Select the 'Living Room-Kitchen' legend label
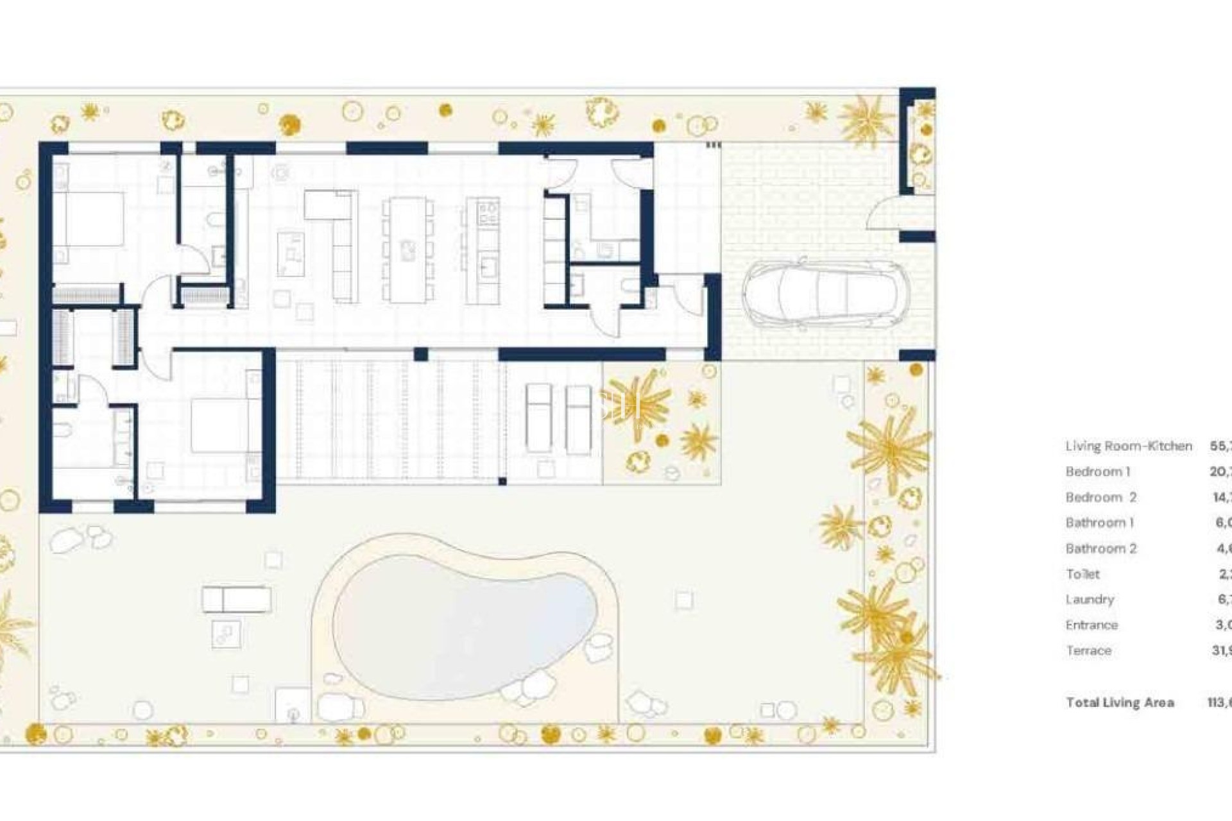pyautogui.click(x=1129, y=446)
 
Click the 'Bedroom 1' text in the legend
pyautogui.click(x=1098, y=471)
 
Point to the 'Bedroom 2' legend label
pyautogui.click(x=1101, y=497)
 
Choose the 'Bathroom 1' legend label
pyautogui.click(x=1100, y=523)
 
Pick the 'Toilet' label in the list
pyautogui.click(x=1082, y=574)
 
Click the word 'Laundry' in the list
pyautogui.click(x=1090, y=599)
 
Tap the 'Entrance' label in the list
pyautogui.click(x=1091, y=625)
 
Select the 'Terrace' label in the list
pyautogui.click(x=1088, y=650)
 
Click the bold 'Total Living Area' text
pyautogui.click(x=1120, y=702)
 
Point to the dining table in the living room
pyautogui.click(x=407, y=250)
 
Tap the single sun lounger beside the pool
pyautogui.click(x=236, y=600)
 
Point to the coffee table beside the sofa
pyautogui.click(x=291, y=254)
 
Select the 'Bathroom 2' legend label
pyautogui.click(x=1101, y=548)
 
